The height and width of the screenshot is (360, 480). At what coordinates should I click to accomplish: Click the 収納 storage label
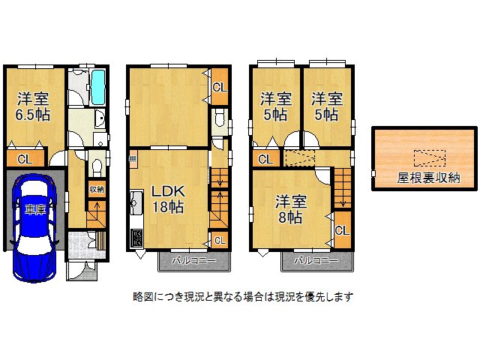pyautogui.click(x=97, y=189)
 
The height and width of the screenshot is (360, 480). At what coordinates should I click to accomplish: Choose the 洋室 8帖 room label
pyautogui.click(x=288, y=210)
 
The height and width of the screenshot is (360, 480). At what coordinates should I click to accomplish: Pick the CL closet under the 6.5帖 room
pyautogui.click(x=25, y=159)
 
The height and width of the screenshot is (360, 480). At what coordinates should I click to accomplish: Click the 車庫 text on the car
pyautogui.click(x=34, y=209)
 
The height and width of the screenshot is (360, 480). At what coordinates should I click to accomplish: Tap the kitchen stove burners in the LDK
pyautogui.click(x=137, y=238)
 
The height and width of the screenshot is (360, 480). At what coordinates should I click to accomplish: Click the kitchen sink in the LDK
pyautogui.click(x=136, y=201)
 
